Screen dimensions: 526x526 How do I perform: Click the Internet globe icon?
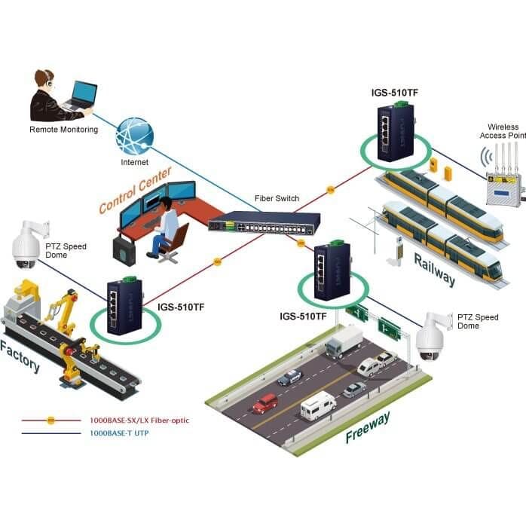coord(135,136)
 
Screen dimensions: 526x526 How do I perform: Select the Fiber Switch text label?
coord(277,198)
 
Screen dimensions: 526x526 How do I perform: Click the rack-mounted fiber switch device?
coord(264,223)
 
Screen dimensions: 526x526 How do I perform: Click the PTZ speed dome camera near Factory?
coord(29,245)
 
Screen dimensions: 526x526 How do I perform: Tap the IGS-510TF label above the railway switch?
coord(395,93)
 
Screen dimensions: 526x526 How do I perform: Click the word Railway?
coord(434,270)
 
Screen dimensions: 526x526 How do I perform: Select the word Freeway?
coord(368,427)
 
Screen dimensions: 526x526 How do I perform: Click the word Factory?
coord(20,356)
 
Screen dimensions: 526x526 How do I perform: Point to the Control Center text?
coord(135,190)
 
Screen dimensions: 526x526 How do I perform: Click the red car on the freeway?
coord(265,403)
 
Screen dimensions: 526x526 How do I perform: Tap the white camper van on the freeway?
coord(318,405)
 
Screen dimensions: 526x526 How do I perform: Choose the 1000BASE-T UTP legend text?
coord(119,433)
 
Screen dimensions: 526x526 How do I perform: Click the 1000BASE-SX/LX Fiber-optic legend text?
coord(139,420)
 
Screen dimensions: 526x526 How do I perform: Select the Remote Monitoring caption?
coord(64,130)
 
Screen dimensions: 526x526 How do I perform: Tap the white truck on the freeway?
coord(344,341)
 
